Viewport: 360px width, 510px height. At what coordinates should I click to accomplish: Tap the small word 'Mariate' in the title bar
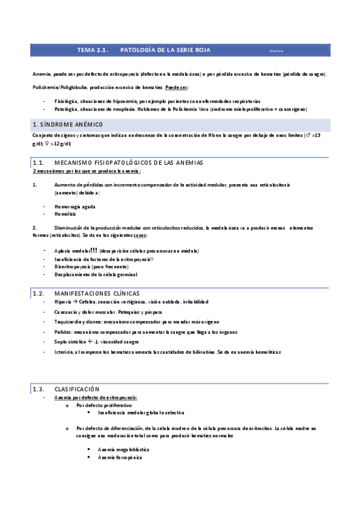tap(277, 51)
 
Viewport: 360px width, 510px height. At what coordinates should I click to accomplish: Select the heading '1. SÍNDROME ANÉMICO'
tap(67, 124)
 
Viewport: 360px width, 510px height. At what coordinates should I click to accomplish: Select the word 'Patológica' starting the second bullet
tap(65, 109)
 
